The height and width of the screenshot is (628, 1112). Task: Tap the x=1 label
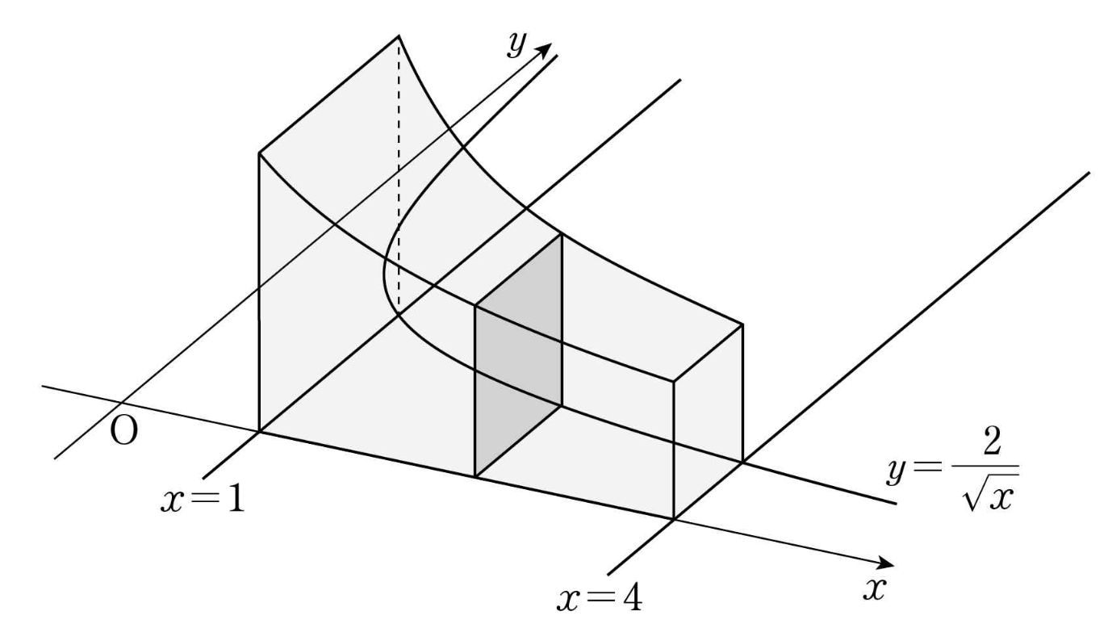(203, 500)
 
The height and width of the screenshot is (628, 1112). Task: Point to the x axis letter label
(872, 589)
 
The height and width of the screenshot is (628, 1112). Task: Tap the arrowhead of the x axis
(888, 563)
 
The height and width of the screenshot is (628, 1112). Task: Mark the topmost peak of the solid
(399, 36)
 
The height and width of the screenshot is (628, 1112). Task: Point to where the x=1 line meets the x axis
(260, 431)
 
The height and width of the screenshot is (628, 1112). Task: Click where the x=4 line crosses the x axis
(675, 519)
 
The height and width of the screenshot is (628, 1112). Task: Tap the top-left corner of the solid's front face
(259, 152)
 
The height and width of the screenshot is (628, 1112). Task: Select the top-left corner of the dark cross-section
(476, 307)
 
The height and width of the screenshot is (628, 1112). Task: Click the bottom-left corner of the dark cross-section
(476, 477)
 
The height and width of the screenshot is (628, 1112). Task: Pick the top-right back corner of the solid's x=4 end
(742, 324)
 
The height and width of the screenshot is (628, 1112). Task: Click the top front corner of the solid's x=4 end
(675, 380)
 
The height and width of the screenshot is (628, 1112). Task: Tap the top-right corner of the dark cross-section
(562, 235)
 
